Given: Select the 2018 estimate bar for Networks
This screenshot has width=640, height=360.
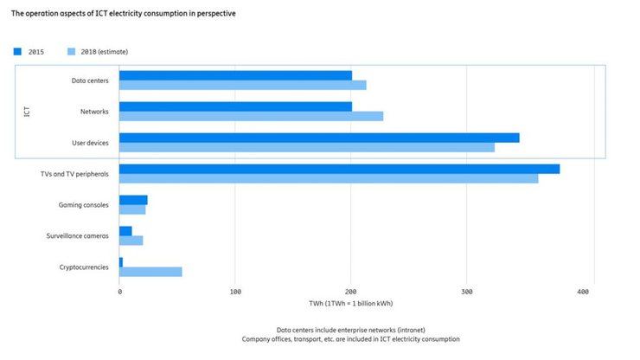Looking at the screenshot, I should coord(251,116).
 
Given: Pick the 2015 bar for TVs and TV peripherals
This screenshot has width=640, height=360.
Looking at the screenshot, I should coord(339,169).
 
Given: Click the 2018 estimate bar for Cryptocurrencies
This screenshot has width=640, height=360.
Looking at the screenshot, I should coord(150,272).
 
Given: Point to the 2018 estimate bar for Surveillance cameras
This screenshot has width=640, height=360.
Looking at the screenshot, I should coord(131,241).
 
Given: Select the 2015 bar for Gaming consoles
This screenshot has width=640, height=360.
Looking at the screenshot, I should coord(133,200).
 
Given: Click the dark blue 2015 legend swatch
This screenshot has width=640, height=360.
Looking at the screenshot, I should coord(17,52).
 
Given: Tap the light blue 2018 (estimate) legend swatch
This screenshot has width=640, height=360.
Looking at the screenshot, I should coord(72,52).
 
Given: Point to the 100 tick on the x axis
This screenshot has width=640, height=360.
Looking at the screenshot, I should coord(235,292).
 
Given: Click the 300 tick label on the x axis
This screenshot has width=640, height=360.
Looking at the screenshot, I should coord(466,292).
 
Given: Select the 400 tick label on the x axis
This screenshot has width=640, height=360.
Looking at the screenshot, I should coord(582,292).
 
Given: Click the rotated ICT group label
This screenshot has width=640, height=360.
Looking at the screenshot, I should coord(27,112).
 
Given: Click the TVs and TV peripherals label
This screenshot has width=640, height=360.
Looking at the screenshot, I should coord(74,174).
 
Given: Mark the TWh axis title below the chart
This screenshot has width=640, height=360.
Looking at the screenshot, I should coord(350,304).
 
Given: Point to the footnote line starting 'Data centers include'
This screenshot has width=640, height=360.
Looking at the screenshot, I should coord(349,331).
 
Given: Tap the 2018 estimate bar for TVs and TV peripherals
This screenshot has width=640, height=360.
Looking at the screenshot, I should coord(329,179).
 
